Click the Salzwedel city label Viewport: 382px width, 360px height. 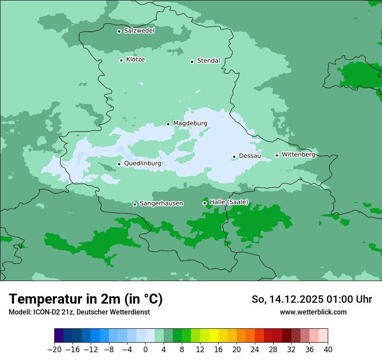pos(139,31)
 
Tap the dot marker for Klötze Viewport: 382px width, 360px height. pos(121,60)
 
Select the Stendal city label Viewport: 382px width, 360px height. pos(208,61)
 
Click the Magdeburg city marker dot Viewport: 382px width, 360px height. pos(168,124)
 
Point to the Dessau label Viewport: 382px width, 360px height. pos(250,156)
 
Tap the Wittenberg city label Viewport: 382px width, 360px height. pos(298,154)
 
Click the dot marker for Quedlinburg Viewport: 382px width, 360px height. pos(119,164)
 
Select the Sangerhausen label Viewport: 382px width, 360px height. pos(161,203)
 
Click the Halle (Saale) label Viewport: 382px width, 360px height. pos(229,202)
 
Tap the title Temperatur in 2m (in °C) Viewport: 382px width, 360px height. pos(86,299)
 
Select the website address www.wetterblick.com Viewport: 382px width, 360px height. pos(313,312)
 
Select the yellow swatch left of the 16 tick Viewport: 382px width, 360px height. pos(214,336)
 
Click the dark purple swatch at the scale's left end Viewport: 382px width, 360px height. pos(59,336)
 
